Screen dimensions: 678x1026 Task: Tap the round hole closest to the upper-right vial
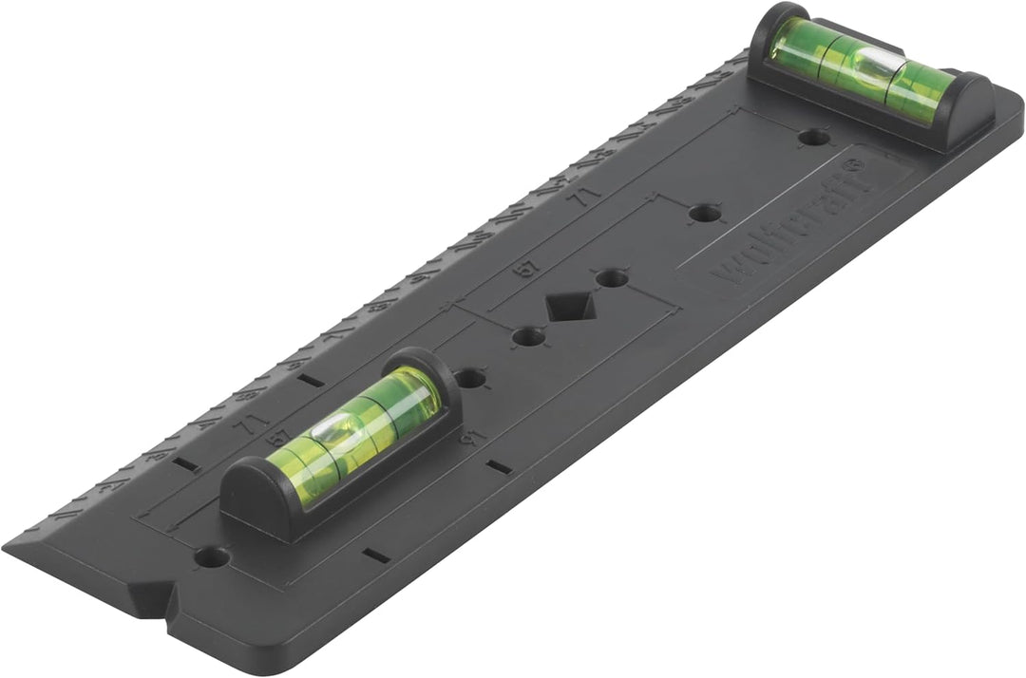pos(812,137)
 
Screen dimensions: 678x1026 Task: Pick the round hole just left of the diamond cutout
pos(528,336)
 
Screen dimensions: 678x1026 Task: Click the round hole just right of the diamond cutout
pos(612,278)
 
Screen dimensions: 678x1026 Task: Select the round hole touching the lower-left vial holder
pos(469,378)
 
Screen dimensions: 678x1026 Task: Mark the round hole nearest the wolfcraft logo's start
pos(704,213)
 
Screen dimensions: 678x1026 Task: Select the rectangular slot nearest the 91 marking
pos(498,466)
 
